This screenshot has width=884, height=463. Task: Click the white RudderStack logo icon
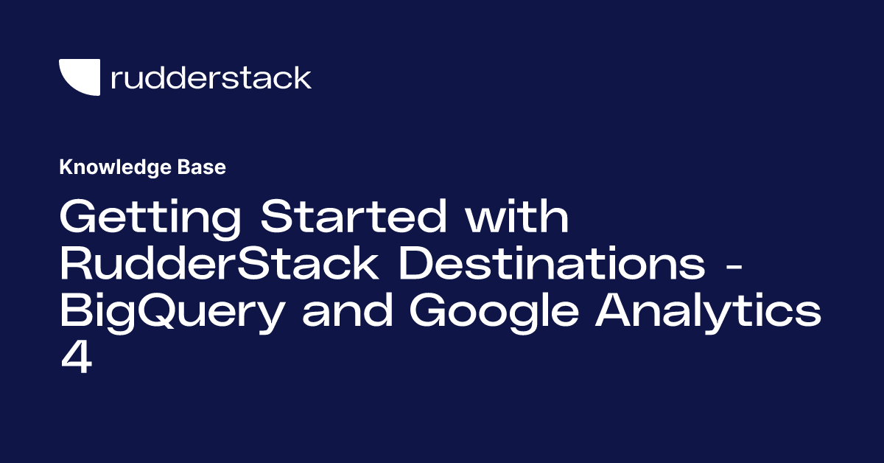pos(79,77)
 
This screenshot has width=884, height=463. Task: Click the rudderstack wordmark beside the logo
pos(211,77)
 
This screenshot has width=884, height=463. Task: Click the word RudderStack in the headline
pos(219,265)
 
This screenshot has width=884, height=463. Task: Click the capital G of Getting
pos(79,218)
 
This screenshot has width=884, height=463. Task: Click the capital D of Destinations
pos(418,265)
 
